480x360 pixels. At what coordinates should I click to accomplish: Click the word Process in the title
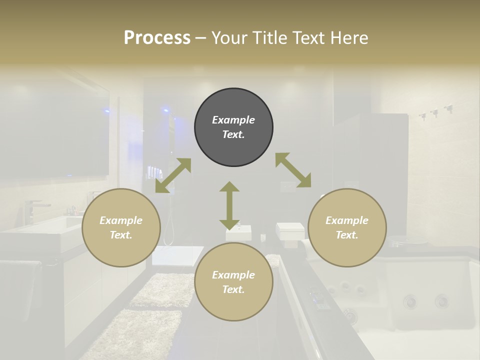(x=157, y=38)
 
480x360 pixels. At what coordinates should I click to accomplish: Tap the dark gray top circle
(x=233, y=127)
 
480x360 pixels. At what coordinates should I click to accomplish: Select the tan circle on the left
(x=121, y=227)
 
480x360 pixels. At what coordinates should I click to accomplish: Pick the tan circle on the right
(x=347, y=227)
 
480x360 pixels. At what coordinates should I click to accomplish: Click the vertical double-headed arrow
(x=229, y=205)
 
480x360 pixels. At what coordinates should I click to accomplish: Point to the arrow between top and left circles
(x=173, y=175)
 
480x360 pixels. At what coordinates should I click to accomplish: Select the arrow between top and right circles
(x=293, y=170)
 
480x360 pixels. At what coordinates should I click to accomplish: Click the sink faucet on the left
(x=31, y=209)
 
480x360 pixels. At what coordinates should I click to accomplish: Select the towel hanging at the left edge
(x=20, y=290)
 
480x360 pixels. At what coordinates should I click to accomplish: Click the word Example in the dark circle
(x=233, y=120)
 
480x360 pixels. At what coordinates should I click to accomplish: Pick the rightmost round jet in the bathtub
(x=441, y=301)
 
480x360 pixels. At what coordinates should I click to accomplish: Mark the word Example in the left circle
(x=121, y=220)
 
